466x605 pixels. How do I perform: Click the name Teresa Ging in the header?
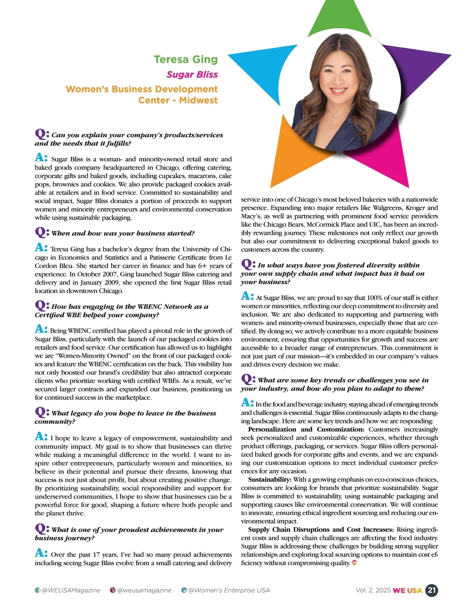click(x=186, y=59)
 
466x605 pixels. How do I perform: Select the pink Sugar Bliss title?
click(x=192, y=75)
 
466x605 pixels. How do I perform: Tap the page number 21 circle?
click(x=431, y=590)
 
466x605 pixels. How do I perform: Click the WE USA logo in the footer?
click(x=407, y=591)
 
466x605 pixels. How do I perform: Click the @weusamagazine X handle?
click(x=144, y=590)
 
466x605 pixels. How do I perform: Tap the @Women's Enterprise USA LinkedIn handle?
click(x=229, y=590)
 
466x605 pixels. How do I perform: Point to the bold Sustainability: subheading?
click(x=270, y=480)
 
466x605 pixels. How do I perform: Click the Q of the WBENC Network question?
click(x=41, y=306)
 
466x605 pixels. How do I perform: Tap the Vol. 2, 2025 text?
click(x=373, y=590)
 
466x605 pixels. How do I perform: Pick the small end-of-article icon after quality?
click(x=354, y=563)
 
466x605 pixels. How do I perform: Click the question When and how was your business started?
click(x=123, y=233)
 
